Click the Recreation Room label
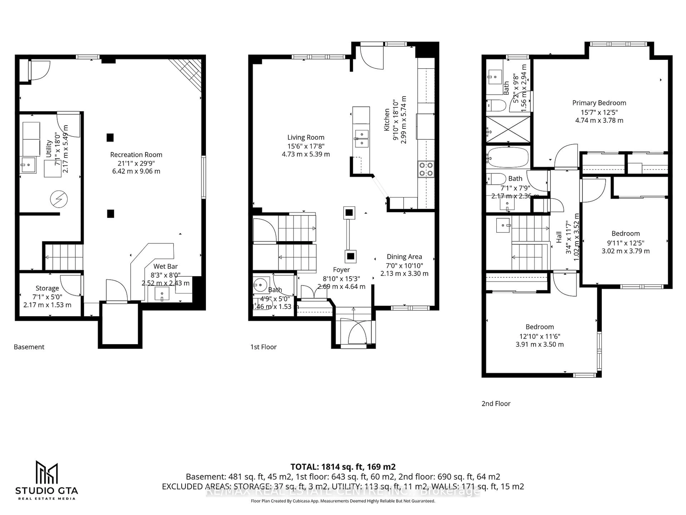(136, 155)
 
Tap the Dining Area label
(404, 257)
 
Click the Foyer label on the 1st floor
(341, 270)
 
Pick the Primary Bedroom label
(599, 103)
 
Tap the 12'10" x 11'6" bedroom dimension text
(540, 336)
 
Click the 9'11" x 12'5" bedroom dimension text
(625, 243)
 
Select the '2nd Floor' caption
(496, 404)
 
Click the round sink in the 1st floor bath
(260, 284)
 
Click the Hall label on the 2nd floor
(559, 237)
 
